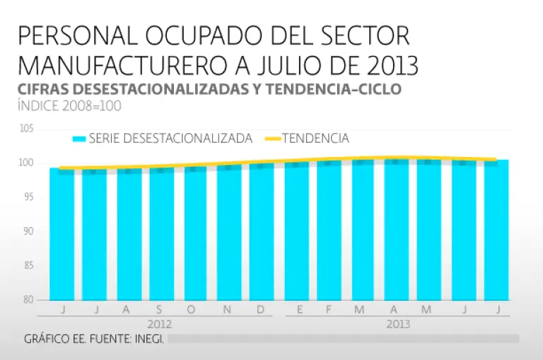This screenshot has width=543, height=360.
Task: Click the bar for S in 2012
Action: point(162,233)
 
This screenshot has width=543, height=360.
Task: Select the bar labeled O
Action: point(195,233)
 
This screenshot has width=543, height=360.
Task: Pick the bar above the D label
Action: point(262,233)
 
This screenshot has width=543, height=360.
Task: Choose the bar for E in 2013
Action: point(296,233)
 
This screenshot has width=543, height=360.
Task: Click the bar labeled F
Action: point(329,233)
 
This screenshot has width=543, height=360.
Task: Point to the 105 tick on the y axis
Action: point(26,129)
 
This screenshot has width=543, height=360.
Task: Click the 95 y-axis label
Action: point(26,197)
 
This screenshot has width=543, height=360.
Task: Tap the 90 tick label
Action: point(26,231)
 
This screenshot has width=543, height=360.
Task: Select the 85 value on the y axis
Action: point(26,265)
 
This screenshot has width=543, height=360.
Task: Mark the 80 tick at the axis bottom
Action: point(26,299)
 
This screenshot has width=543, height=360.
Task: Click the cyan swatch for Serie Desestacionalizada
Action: point(78,139)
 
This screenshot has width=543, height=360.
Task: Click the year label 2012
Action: point(159,325)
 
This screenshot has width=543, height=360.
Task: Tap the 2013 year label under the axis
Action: point(397,325)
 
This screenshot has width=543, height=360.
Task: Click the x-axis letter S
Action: point(159,309)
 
